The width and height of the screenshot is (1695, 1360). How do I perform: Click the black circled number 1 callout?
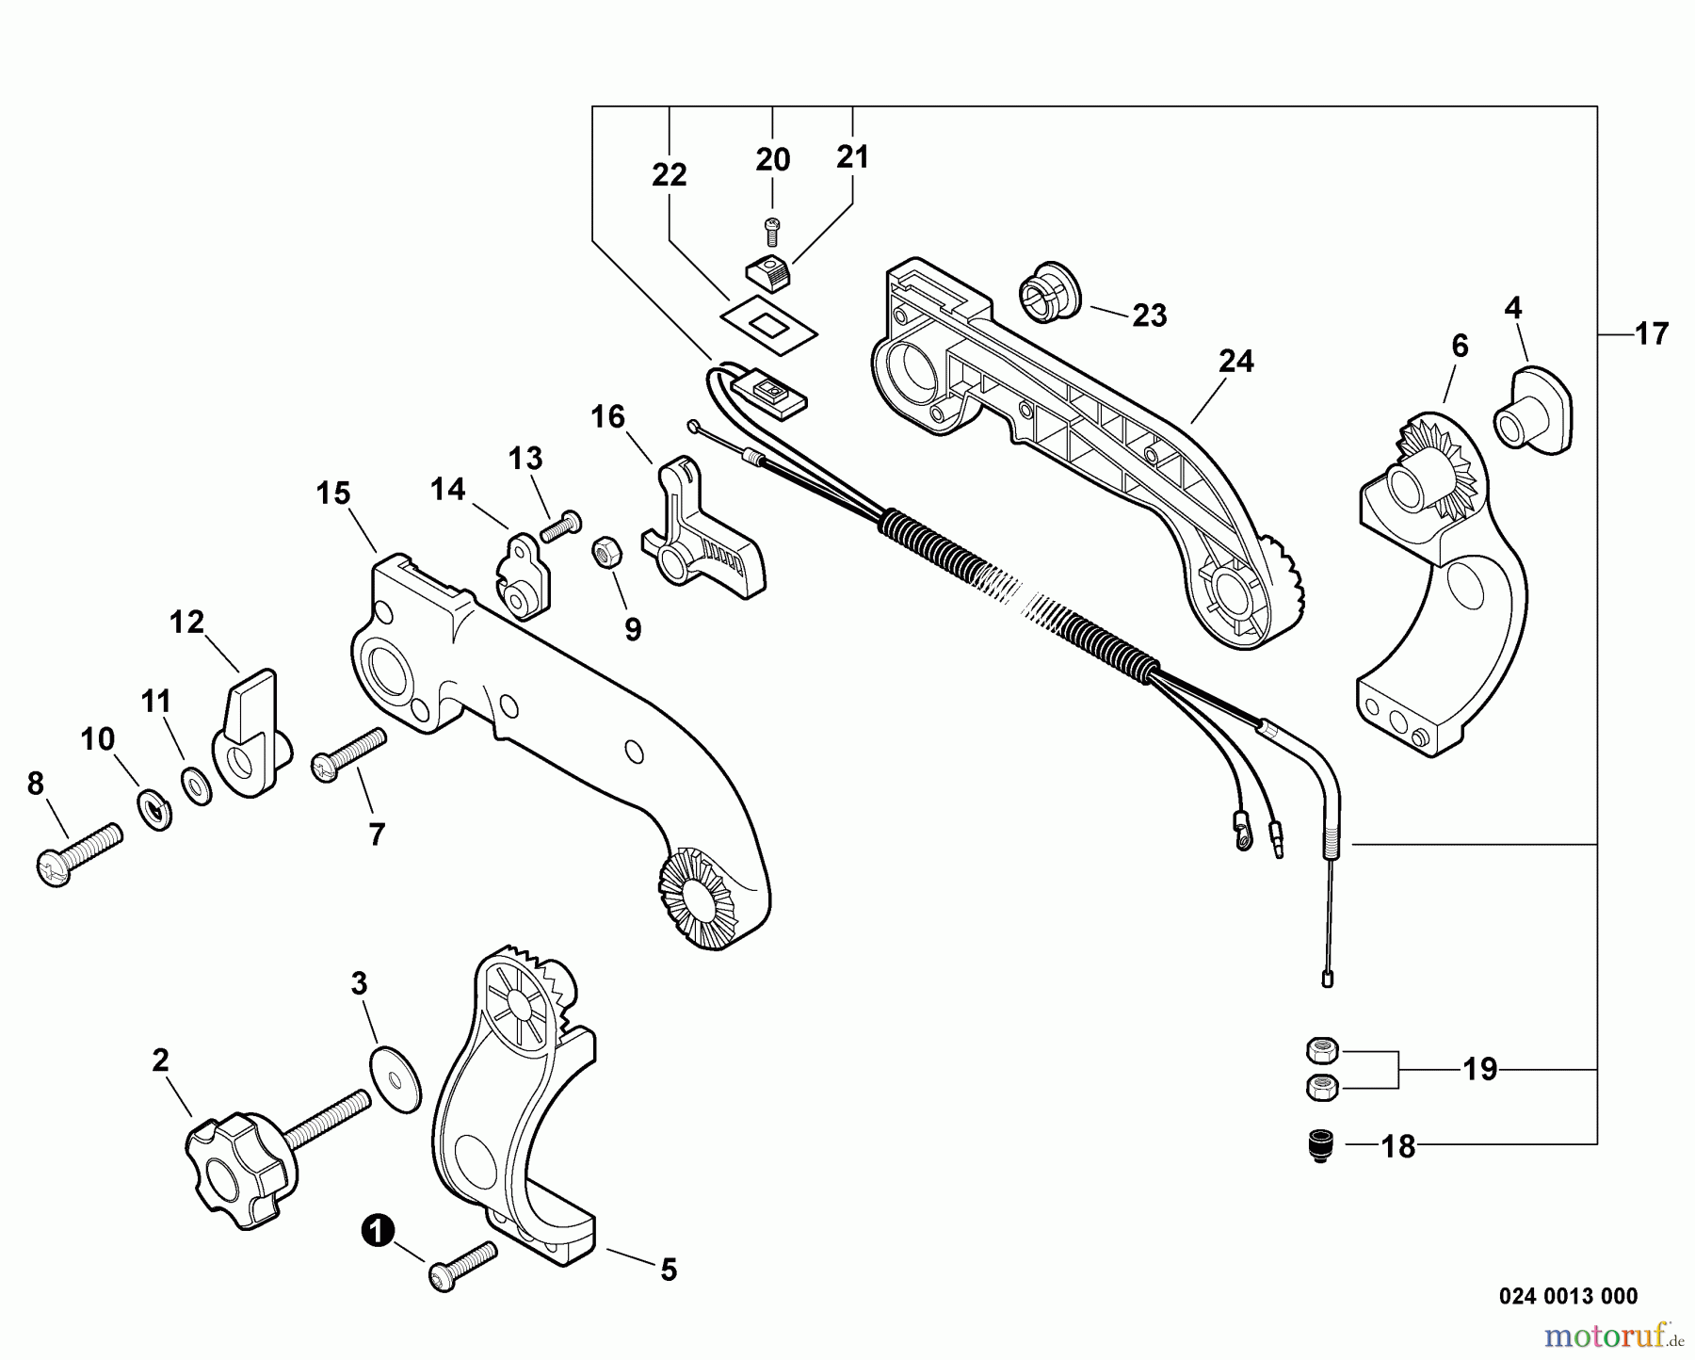(378, 1230)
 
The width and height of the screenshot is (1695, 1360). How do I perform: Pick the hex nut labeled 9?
(605, 552)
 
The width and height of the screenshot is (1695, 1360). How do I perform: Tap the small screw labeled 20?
(772, 226)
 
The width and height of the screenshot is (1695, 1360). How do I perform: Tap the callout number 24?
(1235, 361)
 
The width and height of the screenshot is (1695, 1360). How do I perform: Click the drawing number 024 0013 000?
(1567, 1296)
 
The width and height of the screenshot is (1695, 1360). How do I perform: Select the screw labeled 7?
(347, 756)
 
